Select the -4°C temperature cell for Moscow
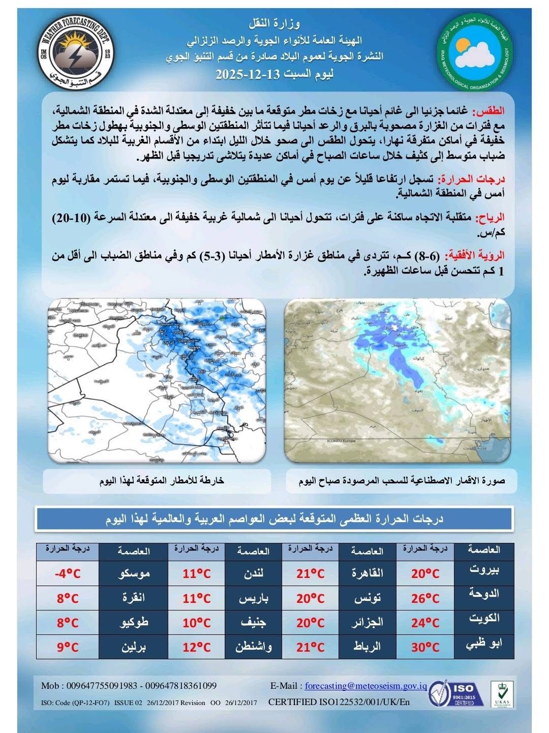67,574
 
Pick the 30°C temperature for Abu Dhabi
425,647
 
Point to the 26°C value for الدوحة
425,598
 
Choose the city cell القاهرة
367,574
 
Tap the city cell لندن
253,574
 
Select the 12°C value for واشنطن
197,647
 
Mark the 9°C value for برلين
67,647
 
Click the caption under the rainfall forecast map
161,481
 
